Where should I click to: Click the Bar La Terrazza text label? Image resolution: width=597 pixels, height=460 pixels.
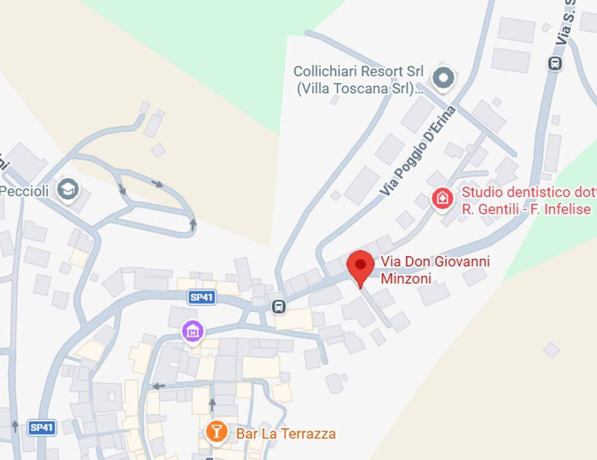[286, 433]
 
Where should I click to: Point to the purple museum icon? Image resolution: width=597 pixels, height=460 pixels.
[193, 330]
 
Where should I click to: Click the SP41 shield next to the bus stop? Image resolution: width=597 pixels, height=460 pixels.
[201, 298]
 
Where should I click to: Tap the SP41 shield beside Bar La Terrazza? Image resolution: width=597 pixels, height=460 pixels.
[42, 428]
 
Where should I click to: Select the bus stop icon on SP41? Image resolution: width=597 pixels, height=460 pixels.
[278, 307]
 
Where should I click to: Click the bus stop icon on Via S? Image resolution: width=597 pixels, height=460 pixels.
[555, 63]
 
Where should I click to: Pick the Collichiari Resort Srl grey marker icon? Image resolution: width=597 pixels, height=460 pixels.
[444, 77]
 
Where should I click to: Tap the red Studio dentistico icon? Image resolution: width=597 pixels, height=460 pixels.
[443, 198]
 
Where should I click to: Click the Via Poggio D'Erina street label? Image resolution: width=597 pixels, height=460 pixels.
[417, 152]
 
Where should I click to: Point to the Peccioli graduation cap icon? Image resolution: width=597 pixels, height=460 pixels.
[68, 190]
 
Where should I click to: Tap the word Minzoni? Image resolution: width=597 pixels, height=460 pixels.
[406, 278]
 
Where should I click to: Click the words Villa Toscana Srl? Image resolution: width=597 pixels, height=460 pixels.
[356, 89]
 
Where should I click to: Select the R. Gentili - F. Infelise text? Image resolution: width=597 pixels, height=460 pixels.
[526, 209]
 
